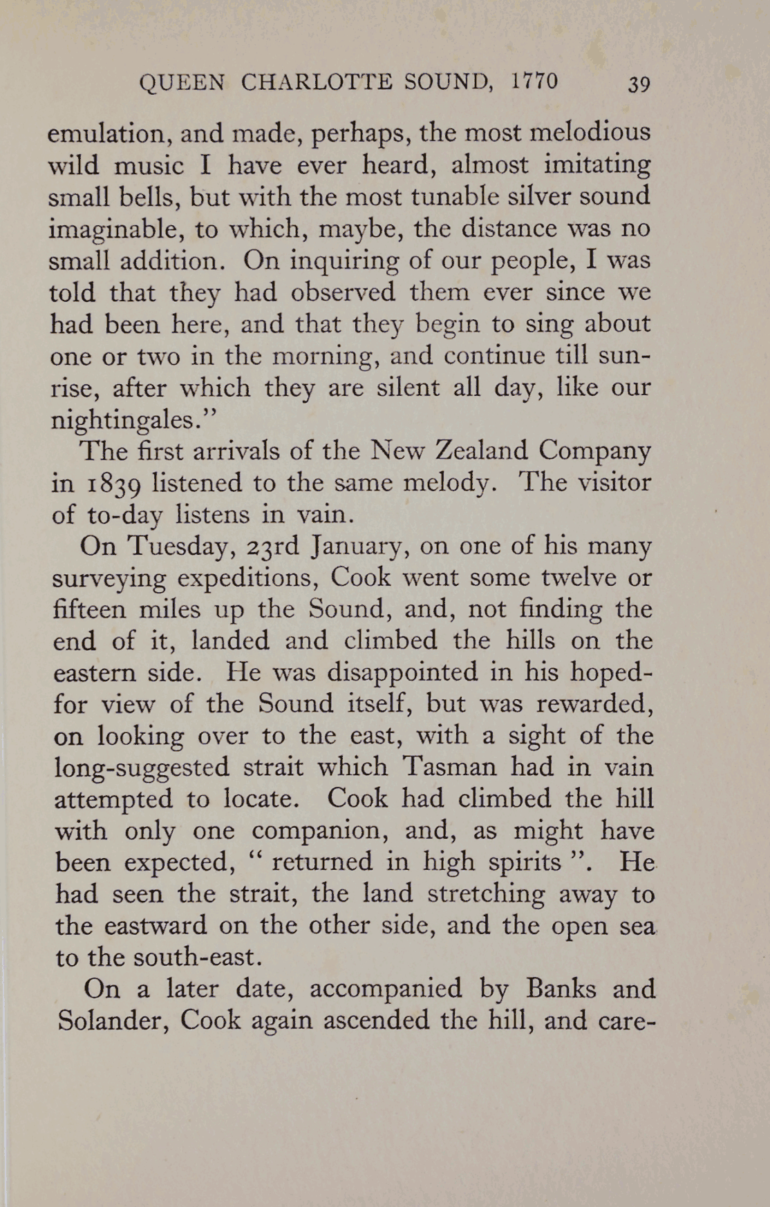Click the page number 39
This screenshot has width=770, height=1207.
point(639,84)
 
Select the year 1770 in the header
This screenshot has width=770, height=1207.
point(534,82)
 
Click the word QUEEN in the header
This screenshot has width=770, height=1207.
point(182,83)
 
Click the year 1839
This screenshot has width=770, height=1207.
point(108,483)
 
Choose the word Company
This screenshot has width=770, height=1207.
point(594,452)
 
